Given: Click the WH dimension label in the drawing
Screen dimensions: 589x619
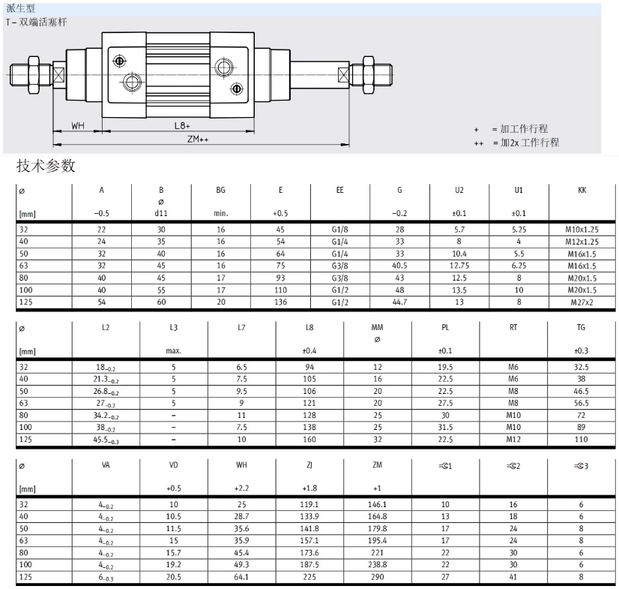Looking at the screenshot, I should coord(78,125).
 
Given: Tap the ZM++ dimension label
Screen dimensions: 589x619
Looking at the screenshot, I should coord(198,140).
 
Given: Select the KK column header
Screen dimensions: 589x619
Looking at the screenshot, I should coord(582,191).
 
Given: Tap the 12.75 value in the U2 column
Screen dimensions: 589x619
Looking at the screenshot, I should coord(459,266).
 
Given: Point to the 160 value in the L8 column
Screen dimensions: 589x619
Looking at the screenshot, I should coord(309,440).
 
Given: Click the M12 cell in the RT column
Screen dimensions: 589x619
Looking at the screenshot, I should coord(514,440).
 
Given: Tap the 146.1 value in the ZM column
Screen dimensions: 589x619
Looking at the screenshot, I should coord(376,504).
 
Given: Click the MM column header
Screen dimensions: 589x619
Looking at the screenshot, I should coord(377,327).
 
